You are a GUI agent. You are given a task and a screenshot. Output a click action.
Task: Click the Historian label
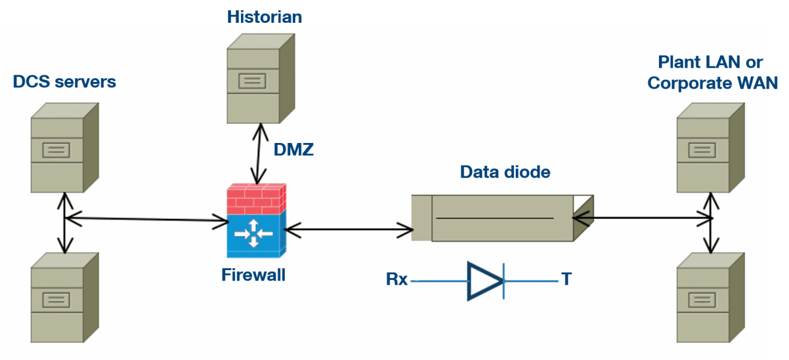tap(264, 16)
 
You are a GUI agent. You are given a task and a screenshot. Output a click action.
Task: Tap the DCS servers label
tap(64, 82)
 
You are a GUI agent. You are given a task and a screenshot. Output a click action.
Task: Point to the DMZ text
tap(293, 149)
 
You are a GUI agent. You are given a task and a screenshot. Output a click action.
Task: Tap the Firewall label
tap(253, 274)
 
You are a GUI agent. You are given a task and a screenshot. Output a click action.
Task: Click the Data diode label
tap(505, 172)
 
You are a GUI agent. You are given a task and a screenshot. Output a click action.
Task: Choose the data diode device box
tap(502, 218)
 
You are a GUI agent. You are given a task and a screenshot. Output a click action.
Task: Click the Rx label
tap(396, 280)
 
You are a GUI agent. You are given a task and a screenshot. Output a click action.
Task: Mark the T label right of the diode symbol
tap(566, 279)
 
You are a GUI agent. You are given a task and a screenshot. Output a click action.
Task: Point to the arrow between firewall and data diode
tap(348, 231)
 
